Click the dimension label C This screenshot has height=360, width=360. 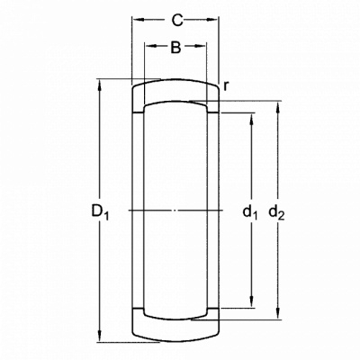pyautogui.click(x=177, y=20)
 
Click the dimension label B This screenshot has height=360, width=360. pyautogui.click(x=175, y=47)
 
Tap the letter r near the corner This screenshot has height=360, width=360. pyautogui.click(x=226, y=86)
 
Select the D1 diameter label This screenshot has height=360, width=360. pyautogui.click(x=100, y=211)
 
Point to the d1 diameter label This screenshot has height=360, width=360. pyautogui.click(x=250, y=212)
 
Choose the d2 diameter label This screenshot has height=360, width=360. pyautogui.click(x=276, y=212)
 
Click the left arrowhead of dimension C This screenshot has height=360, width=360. pyautogui.click(x=138, y=20)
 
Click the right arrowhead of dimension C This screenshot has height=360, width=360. pyautogui.click(x=212, y=20)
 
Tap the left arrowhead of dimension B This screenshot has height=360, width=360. pyautogui.click(x=151, y=46)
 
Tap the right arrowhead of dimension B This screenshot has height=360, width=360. pyautogui.click(x=201, y=46)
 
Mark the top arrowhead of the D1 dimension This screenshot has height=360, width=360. pyautogui.click(x=100, y=85)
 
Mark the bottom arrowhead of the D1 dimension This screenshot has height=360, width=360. pyautogui.click(x=100, y=336)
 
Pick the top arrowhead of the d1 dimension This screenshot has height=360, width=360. pyautogui.click(x=251, y=119)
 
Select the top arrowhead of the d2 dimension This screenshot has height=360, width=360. pyautogui.click(x=278, y=107)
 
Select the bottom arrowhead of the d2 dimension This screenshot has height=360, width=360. pyautogui.click(x=278, y=314)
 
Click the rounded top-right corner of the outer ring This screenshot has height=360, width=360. pyautogui.click(x=217, y=87)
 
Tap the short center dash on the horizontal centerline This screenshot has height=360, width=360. pyautogui.click(x=175, y=211)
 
